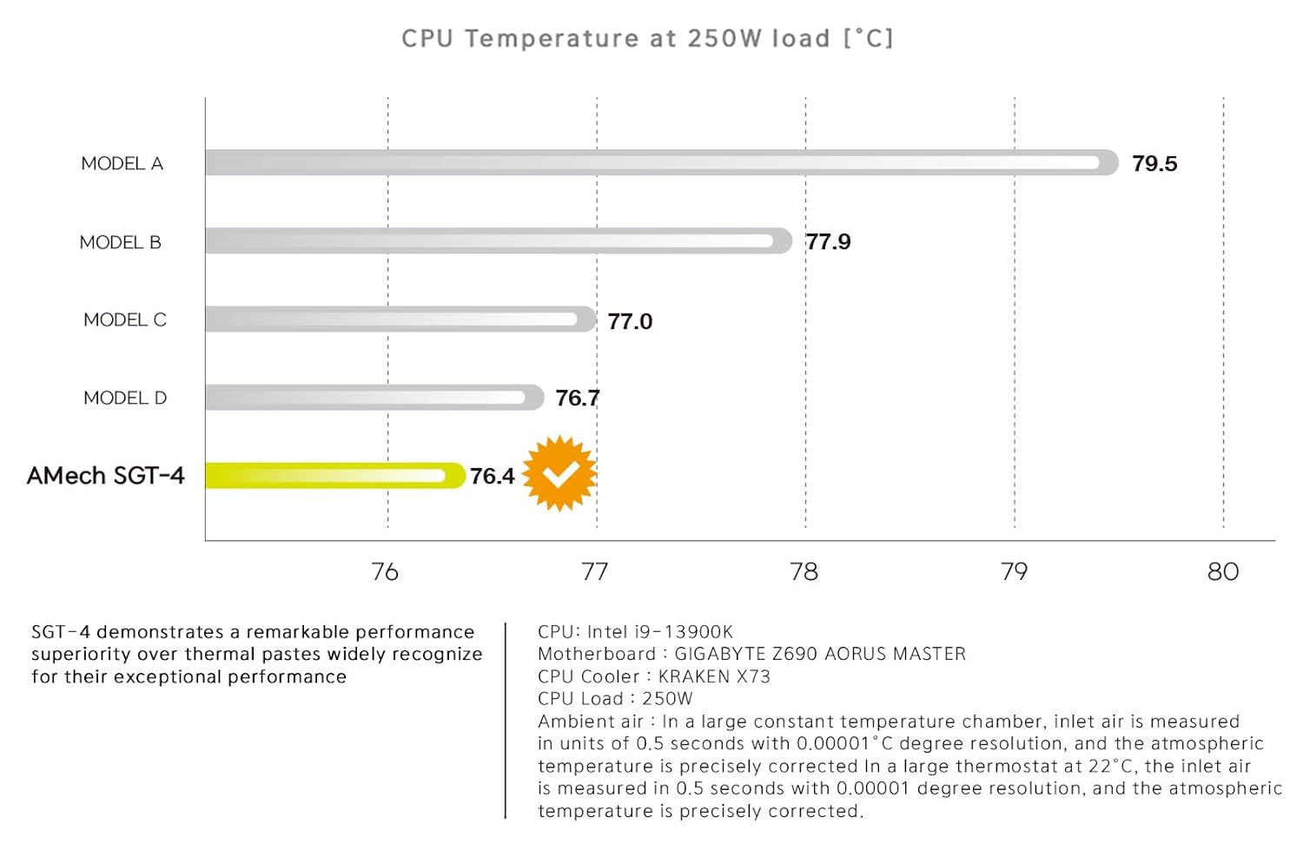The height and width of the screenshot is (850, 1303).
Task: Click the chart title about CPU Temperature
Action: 647,39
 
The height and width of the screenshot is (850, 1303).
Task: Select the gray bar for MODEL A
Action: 660,162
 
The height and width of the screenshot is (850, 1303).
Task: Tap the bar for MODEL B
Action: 498,241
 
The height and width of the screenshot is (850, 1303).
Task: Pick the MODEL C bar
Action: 400,319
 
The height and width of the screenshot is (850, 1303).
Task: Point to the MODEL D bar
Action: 374,397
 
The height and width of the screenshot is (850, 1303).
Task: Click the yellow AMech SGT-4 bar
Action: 334,475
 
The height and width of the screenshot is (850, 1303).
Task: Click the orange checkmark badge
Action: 560,473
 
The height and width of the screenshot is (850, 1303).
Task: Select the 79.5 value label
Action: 1154,163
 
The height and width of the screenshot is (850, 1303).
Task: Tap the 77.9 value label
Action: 828,241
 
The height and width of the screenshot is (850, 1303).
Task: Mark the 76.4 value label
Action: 492,476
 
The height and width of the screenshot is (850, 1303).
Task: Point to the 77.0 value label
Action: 630,321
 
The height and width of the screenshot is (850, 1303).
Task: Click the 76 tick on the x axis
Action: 385,571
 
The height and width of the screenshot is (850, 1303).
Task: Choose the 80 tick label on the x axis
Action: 1223,571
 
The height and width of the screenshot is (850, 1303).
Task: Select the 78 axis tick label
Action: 804,571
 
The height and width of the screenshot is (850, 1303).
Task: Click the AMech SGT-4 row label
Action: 105,476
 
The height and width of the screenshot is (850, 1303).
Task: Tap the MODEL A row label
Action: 122,163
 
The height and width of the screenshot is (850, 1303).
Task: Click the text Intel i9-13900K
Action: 660,632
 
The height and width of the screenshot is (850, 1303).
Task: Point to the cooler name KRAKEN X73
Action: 714,676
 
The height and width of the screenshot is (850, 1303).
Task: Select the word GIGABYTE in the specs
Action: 720,654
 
